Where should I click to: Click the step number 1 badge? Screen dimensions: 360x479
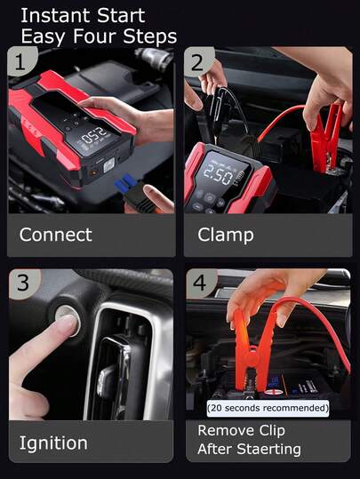pos(21,61)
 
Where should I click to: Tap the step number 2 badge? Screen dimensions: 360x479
pos(198,61)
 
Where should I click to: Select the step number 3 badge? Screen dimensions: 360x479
pos(23,283)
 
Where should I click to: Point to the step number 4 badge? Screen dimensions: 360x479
pos(200,283)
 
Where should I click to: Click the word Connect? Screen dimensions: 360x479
pos(56,235)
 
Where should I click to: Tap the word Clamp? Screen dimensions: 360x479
pos(226,236)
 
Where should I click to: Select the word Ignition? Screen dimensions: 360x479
pos(53,443)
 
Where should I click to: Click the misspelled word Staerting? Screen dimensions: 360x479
pos(269,449)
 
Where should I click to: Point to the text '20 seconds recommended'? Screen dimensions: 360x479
pos(268,408)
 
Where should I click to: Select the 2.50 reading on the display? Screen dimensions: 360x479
pos(218,174)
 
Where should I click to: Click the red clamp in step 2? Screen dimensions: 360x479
pos(326,139)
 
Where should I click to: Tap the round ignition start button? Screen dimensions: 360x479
pos(68,320)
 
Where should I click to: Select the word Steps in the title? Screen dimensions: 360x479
pos(150,36)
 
